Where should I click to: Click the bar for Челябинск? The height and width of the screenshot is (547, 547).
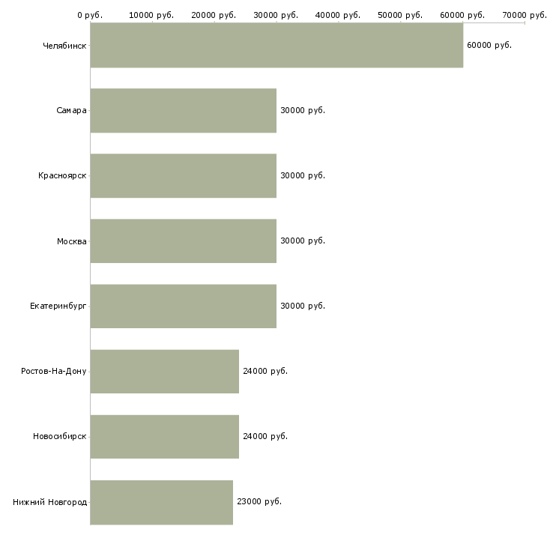(276, 45)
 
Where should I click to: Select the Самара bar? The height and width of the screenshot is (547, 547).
(184, 111)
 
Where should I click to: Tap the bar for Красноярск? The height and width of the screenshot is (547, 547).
(184, 176)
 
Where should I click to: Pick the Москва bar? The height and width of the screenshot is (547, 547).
(184, 241)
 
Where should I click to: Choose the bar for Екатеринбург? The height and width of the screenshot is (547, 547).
(184, 306)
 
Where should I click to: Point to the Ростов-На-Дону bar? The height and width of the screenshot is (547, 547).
(165, 372)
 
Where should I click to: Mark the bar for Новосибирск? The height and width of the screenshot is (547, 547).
(165, 437)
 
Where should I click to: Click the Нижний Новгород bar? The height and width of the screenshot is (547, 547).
(162, 502)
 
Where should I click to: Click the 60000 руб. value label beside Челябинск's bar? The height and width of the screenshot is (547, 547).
(489, 46)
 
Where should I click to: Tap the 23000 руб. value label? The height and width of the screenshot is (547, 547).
(259, 501)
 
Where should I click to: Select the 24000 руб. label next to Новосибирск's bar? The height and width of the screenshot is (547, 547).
(265, 436)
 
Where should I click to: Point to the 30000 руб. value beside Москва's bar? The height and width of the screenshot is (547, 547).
(303, 241)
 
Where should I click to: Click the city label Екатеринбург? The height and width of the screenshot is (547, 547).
(58, 306)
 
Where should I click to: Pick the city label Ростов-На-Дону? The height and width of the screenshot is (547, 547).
(54, 371)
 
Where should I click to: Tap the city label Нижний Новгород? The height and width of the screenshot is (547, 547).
(50, 502)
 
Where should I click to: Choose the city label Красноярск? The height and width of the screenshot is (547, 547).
(62, 175)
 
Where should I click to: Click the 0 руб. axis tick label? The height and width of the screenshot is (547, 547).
(90, 15)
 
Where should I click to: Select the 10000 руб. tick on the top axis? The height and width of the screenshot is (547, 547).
(151, 15)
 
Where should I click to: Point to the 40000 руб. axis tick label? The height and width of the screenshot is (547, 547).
(338, 15)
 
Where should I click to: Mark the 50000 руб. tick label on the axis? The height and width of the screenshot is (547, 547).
(400, 15)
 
